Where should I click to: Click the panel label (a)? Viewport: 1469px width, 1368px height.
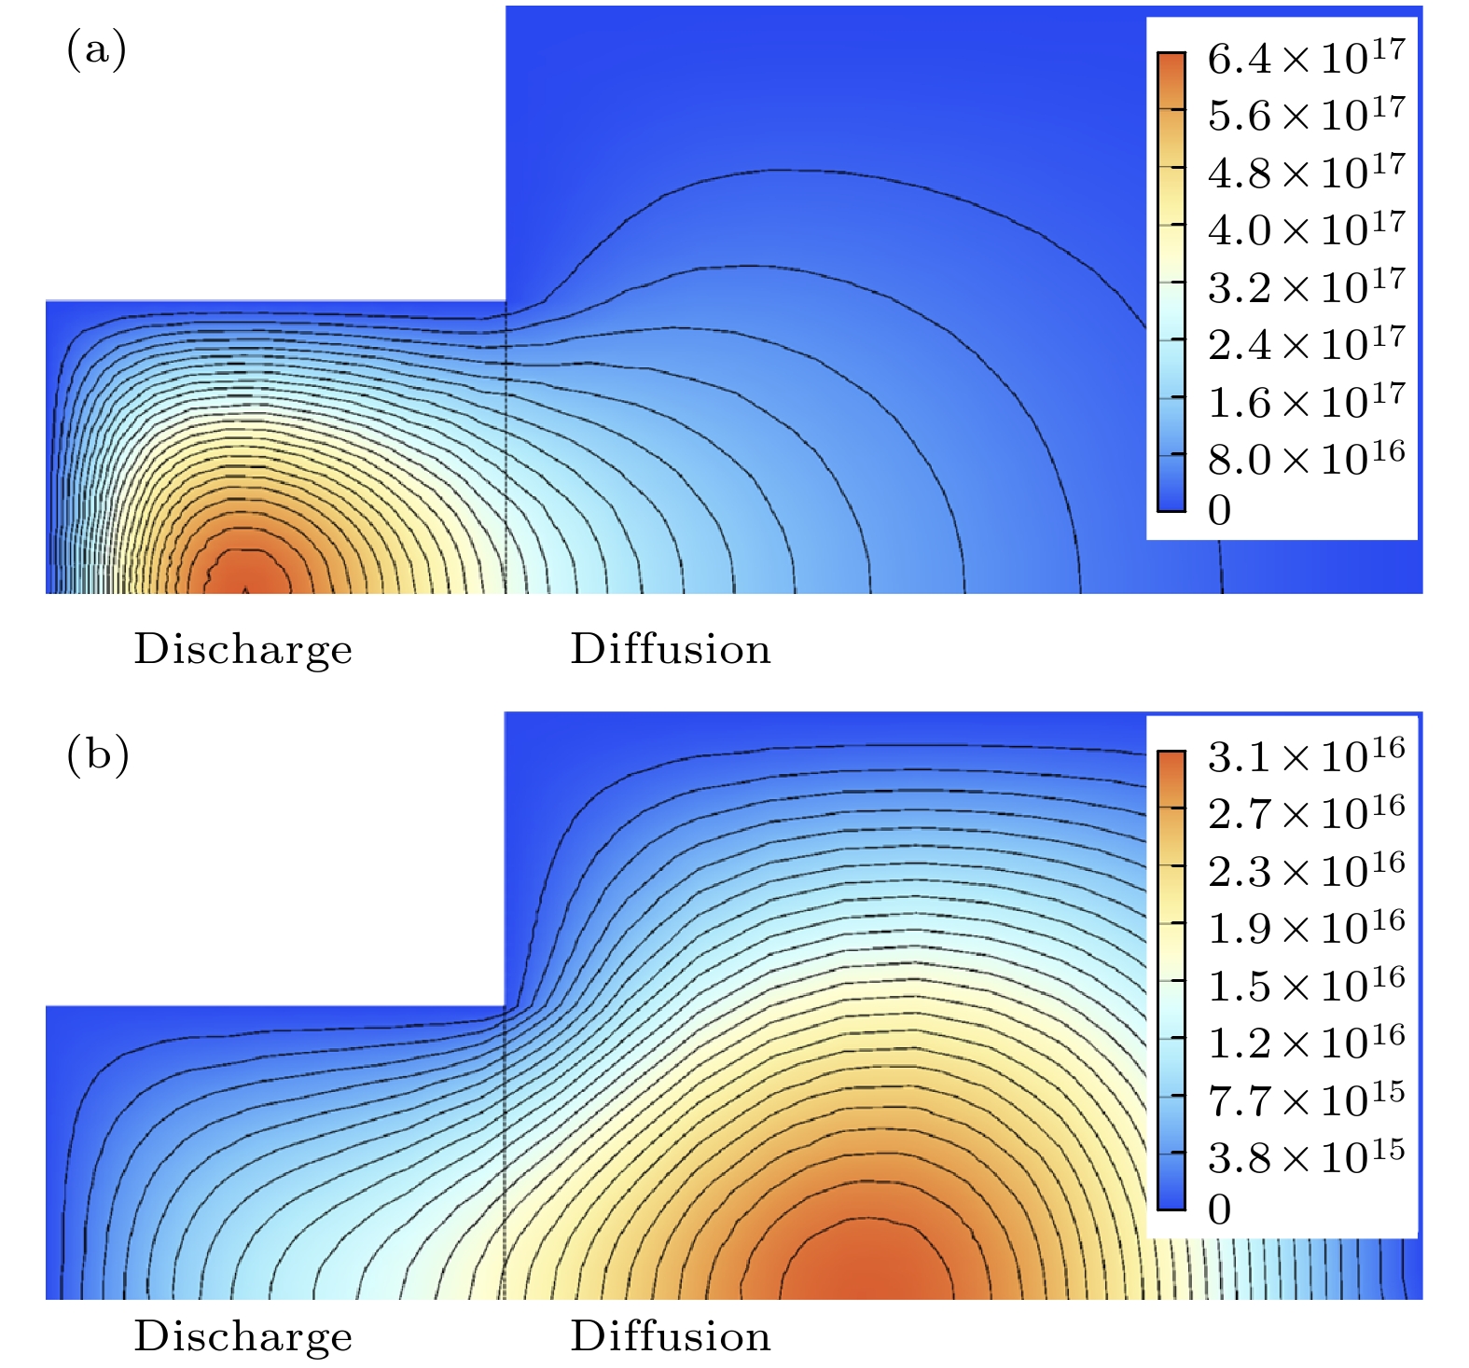tap(96, 49)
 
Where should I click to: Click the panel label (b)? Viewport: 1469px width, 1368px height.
tap(97, 754)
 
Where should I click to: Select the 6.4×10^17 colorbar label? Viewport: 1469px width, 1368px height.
tap(1306, 60)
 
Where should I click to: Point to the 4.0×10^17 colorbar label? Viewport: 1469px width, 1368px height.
tap(1306, 230)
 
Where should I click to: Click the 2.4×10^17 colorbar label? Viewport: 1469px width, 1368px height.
tap(1306, 345)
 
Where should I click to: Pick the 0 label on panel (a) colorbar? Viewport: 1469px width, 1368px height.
tap(1219, 511)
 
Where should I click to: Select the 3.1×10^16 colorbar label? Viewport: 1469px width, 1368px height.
tap(1306, 757)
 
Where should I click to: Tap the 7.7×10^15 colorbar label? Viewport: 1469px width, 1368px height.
tap(1306, 1101)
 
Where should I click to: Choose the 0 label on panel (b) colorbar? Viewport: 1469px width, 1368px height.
tap(1219, 1210)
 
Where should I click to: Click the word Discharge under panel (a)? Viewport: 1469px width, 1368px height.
tap(243, 650)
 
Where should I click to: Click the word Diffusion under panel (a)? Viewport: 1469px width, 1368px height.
tap(671, 649)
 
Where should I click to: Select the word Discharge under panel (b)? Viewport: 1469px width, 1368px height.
tap(243, 1336)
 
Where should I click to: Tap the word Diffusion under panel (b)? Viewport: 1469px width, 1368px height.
tap(671, 1336)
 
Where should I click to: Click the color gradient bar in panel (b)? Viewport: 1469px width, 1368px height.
tap(1171, 980)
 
